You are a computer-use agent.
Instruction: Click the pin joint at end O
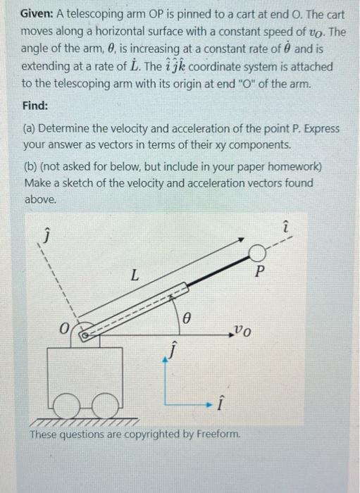[83, 335]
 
